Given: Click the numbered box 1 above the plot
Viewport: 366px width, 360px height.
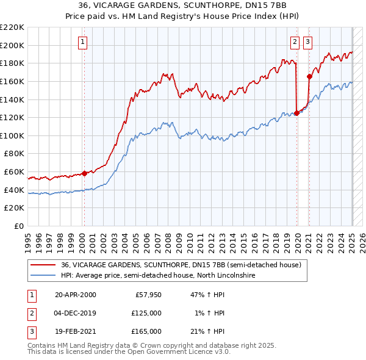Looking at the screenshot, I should [82, 42].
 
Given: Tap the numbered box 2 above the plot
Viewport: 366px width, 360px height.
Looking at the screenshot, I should [295, 42].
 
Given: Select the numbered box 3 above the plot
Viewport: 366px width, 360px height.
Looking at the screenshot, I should [307, 42].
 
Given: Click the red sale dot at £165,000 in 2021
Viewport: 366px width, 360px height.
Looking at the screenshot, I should [309, 76].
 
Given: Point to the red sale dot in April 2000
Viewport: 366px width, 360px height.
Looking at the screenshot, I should [84, 173].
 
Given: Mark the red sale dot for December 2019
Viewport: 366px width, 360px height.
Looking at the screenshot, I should [296, 112].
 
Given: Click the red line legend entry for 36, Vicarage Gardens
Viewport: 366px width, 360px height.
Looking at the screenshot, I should [181, 265].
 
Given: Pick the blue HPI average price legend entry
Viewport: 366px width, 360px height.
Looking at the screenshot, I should [157, 276].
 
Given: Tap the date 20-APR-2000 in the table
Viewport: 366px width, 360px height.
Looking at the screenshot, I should [75, 295].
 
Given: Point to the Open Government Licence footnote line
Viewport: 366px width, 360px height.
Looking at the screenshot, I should [129, 352].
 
